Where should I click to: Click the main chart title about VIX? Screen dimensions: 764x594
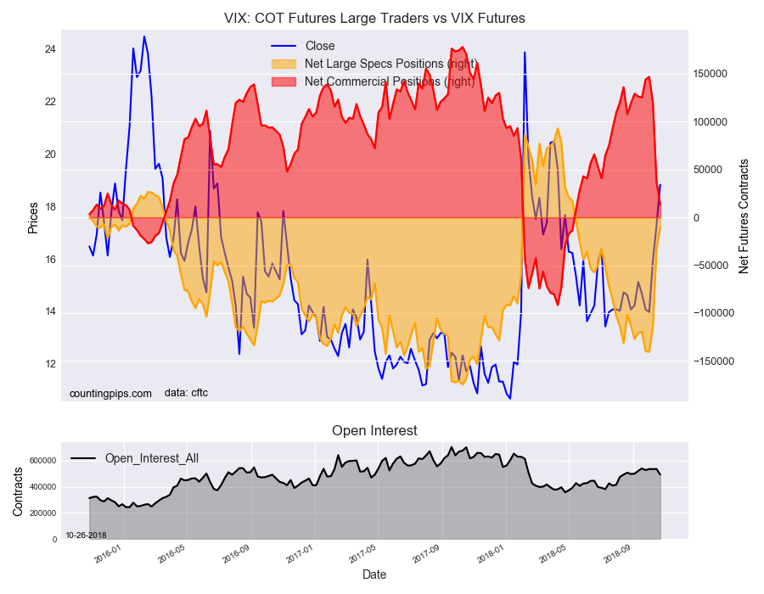coord(374,19)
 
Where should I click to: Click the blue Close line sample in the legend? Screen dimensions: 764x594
coord(284,46)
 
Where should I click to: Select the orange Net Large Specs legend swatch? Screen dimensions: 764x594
coord(284,64)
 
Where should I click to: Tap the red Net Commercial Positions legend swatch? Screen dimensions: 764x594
coord(284,81)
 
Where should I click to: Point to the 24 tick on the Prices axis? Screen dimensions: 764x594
coord(50,49)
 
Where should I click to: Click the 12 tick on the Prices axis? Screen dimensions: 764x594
coord(50,364)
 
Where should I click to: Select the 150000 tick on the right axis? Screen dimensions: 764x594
coord(711,74)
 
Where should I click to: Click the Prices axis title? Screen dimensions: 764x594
coord(33,217)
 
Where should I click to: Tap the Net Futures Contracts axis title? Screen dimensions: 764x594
coord(744,216)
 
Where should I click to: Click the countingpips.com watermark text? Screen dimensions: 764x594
coord(110,394)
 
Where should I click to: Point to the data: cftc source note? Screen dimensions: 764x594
coord(186,393)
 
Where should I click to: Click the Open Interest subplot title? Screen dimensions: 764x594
coord(374,430)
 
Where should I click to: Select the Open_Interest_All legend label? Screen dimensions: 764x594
coord(152,458)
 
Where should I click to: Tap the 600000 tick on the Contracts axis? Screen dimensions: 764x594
coord(44,461)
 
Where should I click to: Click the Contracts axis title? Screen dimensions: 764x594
coord(18,492)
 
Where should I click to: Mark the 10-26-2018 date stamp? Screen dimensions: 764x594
coord(86,535)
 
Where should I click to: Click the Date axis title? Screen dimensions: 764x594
coord(374,575)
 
